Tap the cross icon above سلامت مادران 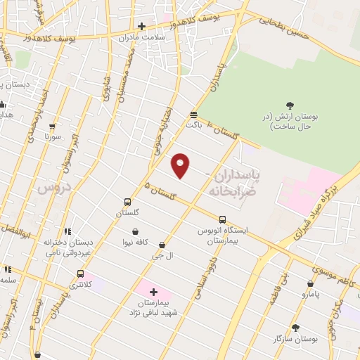pos(141,26)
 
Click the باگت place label pos(193,124)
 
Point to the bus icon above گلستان pos(127,201)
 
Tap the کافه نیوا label pos(135,243)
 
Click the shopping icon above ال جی pos(162,245)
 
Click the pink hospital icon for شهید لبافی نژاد pos(153,291)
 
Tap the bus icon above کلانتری pos(81,274)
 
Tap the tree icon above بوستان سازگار pos(295,328)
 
